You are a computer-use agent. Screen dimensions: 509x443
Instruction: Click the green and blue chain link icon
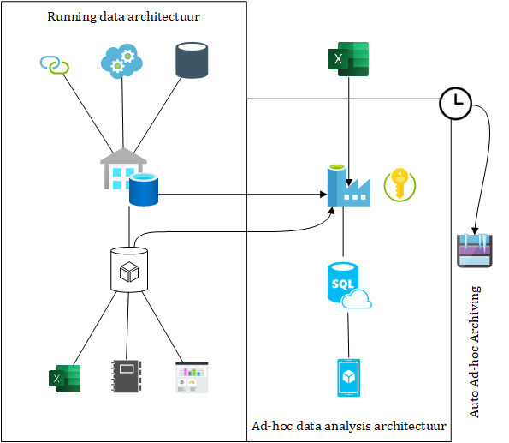click(55, 64)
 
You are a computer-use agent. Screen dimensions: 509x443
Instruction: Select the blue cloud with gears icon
click(121, 61)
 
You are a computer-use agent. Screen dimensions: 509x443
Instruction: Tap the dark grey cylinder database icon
click(192, 60)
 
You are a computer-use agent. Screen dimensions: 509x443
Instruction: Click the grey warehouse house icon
click(122, 168)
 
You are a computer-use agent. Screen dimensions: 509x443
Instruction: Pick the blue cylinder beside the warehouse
click(144, 189)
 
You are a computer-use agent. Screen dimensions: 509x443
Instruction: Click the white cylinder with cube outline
click(129, 270)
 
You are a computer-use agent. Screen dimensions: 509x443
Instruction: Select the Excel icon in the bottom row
click(65, 379)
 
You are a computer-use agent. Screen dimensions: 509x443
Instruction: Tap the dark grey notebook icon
click(127, 376)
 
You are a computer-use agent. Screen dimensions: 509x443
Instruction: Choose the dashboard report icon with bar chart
click(192, 378)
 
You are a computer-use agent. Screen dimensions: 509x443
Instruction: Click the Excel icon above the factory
click(348, 59)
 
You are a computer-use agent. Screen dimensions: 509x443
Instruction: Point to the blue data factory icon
click(348, 185)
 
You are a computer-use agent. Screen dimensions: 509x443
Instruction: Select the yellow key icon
click(400, 184)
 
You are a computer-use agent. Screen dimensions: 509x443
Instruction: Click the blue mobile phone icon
click(349, 378)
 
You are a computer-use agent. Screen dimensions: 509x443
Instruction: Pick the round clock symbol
click(455, 103)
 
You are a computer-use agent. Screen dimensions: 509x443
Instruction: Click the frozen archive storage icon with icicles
click(475, 250)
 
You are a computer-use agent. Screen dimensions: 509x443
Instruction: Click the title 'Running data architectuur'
click(124, 16)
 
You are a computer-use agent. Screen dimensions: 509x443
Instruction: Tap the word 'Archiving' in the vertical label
click(474, 314)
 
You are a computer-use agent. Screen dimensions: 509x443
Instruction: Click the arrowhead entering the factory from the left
click(323, 195)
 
